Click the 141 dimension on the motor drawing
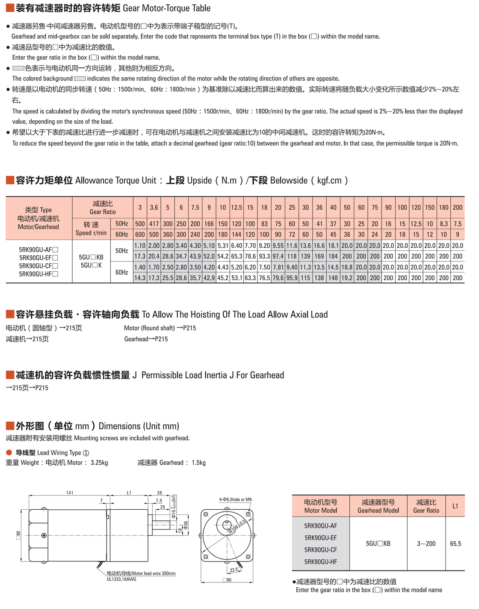tap(70, 493)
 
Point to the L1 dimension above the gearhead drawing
tap(129, 493)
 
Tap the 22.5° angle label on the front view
tap(234, 570)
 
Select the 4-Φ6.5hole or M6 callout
tap(235, 499)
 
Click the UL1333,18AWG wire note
tap(121, 579)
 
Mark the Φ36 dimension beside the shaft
tap(186, 525)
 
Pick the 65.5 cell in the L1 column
tap(455, 544)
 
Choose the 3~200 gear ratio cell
tap(426, 544)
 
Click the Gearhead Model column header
tap(378, 506)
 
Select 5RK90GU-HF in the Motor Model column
tap(321, 561)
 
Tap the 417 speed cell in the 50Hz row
tap(154, 224)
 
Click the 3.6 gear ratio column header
tap(154, 208)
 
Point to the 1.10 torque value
tap(140, 246)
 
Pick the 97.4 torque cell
tap(278, 256)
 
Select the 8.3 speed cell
tap(444, 224)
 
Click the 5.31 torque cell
tap(223, 246)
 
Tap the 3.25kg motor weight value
tap(99, 463)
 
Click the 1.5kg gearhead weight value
tap(199, 463)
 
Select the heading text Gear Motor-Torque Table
tap(166, 8)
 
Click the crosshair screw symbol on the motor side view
tap(44, 535)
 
